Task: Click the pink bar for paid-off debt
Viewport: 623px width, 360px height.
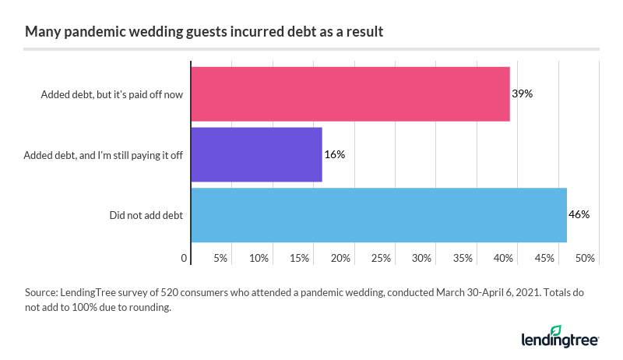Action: coord(350,94)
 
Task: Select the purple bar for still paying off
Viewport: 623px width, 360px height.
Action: coord(256,154)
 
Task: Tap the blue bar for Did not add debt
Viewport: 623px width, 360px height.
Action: coord(378,214)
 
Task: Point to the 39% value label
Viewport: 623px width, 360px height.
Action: coord(522,94)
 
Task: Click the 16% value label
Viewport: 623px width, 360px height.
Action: coord(334,154)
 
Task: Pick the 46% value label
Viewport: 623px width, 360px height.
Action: coord(579,214)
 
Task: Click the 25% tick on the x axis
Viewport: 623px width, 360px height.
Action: coord(381,257)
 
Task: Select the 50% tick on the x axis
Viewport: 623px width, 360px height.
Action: coord(585,257)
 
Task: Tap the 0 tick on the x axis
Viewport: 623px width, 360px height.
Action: coord(185,257)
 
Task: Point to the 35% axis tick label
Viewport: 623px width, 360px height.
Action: coord(463,257)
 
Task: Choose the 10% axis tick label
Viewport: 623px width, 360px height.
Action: coord(259,257)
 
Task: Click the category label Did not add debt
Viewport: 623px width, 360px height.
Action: coord(146,215)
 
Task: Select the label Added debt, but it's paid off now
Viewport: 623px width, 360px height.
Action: coord(111,94)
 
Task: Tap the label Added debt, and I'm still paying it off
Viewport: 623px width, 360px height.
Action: coord(104,155)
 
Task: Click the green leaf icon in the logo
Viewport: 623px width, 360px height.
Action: coord(555,330)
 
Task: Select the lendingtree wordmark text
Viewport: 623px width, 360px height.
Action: coord(559,341)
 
